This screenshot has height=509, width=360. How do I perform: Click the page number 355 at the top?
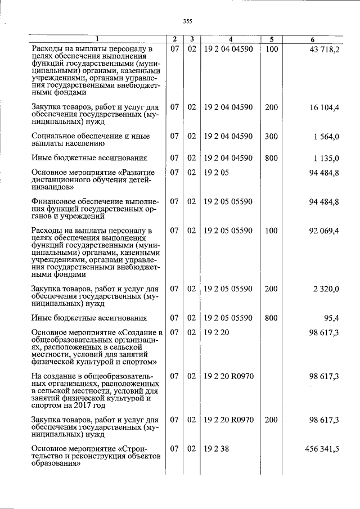pos(187,21)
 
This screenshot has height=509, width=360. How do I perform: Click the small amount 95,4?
pos(331,317)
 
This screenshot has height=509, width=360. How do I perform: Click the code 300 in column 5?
pos(271,136)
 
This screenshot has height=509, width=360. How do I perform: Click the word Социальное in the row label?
pos(53,136)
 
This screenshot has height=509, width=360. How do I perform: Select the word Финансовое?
pos(53,201)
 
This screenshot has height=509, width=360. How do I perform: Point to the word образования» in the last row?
pos(55,464)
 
